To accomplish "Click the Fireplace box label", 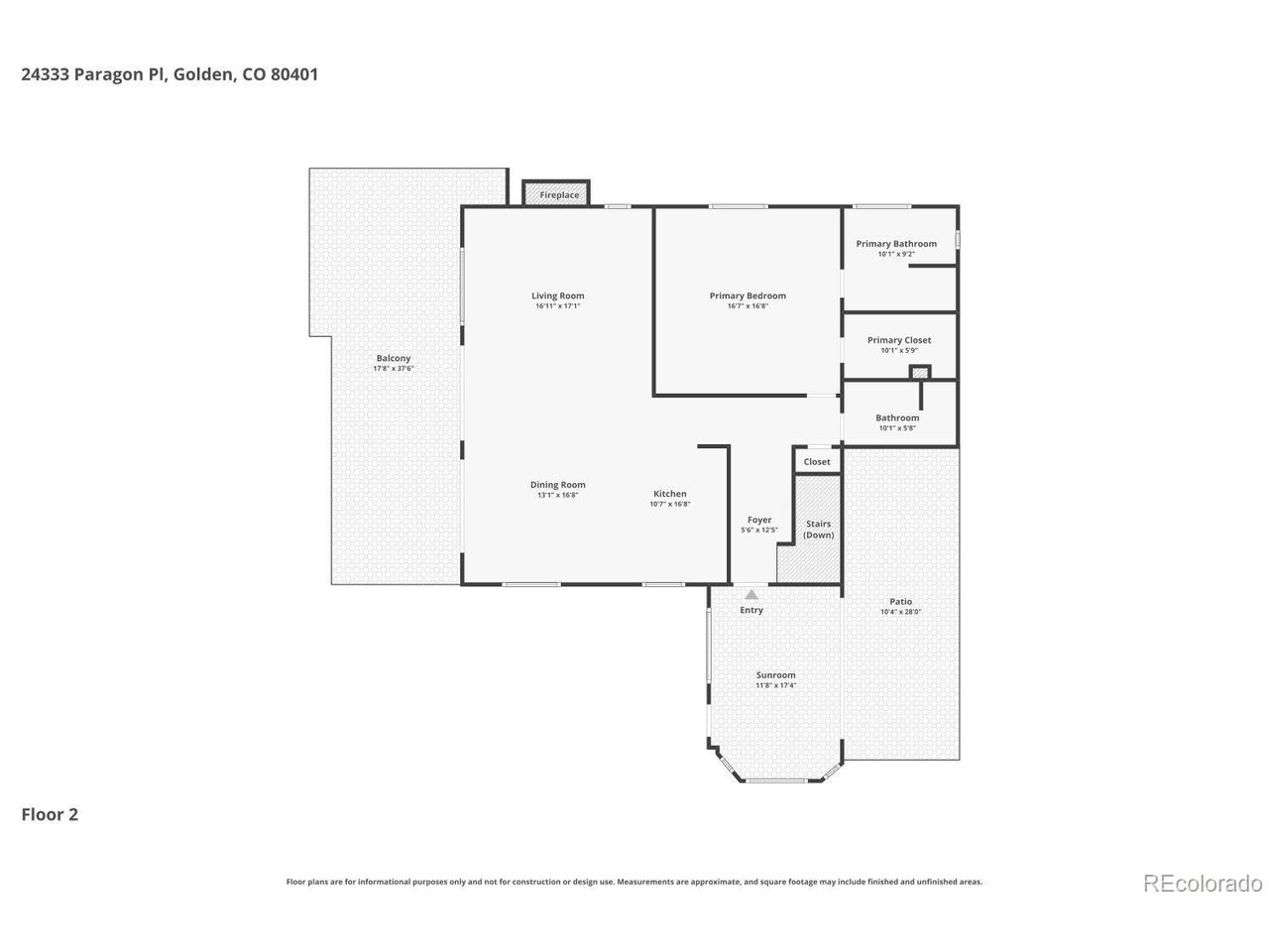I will [x=559, y=195].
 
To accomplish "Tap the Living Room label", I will [x=557, y=296].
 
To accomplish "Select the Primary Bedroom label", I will [x=748, y=296].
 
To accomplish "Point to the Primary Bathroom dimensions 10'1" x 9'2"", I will [x=896, y=255].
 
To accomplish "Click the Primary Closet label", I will [x=898, y=340].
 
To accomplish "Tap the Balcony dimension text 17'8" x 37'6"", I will [x=393, y=369].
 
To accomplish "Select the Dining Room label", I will [x=557, y=485].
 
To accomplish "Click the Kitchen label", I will [x=669, y=494].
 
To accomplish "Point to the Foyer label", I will [x=758, y=520].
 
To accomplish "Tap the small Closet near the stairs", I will [x=817, y=462].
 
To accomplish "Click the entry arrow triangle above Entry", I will [x=751, y=595].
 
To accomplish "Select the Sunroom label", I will [x=775, y=675].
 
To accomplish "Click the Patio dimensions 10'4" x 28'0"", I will [x=900, y=613].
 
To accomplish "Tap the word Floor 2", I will [x=50, y=815].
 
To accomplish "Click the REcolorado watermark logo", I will [x=1203, y=883].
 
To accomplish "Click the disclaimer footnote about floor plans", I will [x=634, y=882].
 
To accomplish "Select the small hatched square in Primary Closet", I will [x=921, y=373].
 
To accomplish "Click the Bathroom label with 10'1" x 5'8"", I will [x=897, y=418].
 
